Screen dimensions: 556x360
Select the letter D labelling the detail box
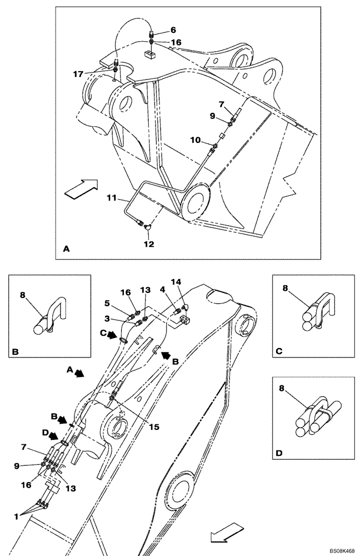click(279, 454)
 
